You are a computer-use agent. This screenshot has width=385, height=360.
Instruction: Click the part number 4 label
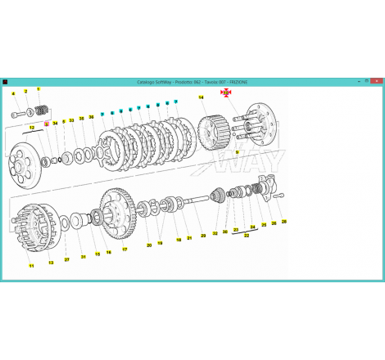click(13, 94)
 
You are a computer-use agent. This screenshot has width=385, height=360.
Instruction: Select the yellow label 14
click(200, 98)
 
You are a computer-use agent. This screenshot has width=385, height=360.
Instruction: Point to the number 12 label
click(32, 128)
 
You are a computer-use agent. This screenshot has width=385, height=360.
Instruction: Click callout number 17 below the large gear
click(125, 249)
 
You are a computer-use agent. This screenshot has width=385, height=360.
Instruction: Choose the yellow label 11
click(31, 267)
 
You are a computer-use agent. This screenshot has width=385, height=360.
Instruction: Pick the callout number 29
click(203, 236)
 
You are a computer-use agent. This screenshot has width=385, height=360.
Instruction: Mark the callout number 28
click(284, 221)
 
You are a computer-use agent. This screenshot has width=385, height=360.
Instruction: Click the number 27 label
click(67, 259)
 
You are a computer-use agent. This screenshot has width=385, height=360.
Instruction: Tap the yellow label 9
click(237, 152)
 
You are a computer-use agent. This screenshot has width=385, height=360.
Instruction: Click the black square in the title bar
click(6, 82)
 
